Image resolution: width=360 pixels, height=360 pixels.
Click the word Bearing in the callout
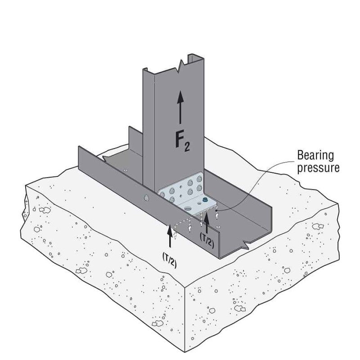[x=315, y=156]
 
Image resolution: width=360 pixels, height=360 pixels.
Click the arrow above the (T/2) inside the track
[x=207, y=221]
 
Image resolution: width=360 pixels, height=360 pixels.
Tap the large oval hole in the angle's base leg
[x=188, y=207]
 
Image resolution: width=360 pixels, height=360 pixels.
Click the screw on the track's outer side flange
[x=146, y=197]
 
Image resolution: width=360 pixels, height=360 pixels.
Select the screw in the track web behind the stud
[x=125, y=170]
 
